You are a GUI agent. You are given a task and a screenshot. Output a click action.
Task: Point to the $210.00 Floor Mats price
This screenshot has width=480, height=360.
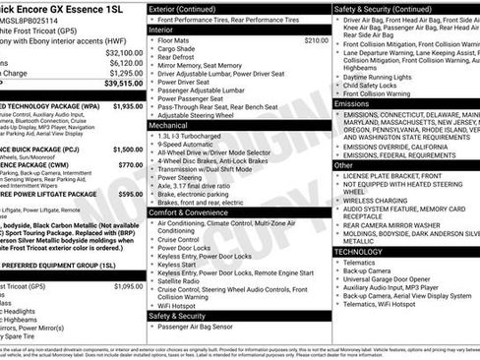tap(316, 41)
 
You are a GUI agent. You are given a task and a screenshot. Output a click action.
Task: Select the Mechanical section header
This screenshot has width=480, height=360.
tap(170, 126)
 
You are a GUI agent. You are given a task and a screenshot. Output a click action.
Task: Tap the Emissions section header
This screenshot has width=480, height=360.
tap(352, 103)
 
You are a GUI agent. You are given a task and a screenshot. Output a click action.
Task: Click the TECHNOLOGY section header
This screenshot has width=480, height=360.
tap(358, 251)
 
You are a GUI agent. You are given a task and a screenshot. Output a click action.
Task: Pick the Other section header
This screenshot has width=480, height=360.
tap(343, 165)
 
